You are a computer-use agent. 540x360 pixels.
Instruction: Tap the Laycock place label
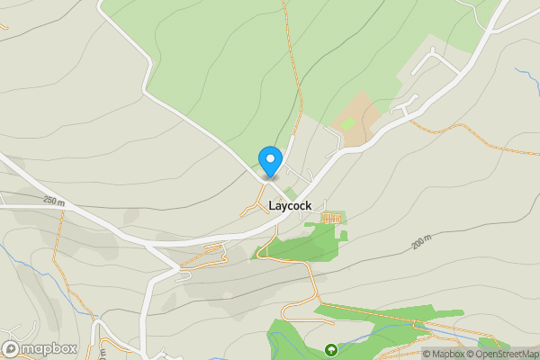coord(290,206)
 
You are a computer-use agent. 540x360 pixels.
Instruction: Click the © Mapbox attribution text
coord(442,354)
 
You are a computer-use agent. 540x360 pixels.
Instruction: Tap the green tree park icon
coord(330,349)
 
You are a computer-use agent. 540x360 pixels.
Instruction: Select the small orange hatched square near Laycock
coord(332,218)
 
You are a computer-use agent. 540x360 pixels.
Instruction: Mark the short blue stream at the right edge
coord(526,76)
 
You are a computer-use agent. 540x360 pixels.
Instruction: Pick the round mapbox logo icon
coord(11,348)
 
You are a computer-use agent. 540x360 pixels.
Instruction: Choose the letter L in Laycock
coord(273,206)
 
